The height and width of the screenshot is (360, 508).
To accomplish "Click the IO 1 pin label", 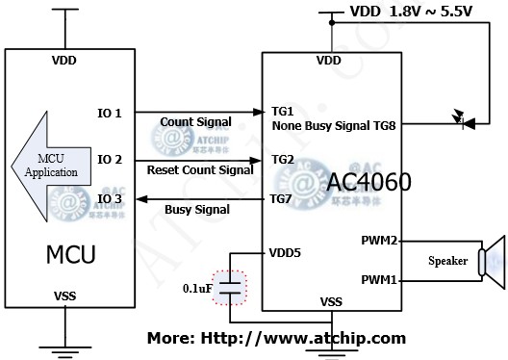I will [x=111, y=114].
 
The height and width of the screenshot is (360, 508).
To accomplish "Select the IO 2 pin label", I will [x=111, y=158].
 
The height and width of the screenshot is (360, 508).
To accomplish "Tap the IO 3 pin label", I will [x=111, y=199].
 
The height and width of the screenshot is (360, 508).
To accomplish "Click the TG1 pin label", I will [x=285, y=112].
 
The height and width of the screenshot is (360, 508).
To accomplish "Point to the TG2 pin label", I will [x=285, y=158].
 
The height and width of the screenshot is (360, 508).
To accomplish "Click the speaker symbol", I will [x=492, y=260].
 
